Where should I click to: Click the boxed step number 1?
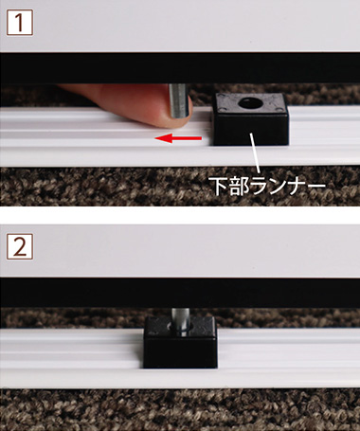20,22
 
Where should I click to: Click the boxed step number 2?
20,246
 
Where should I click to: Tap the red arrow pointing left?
178,138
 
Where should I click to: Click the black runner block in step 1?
251,119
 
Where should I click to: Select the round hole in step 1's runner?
250,102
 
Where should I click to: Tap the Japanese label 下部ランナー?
268,186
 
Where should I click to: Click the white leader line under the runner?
255,153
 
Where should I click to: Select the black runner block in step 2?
180,342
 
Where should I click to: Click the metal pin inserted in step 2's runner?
180,321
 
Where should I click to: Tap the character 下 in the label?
219,186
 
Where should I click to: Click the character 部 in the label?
241,186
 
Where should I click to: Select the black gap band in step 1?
180,68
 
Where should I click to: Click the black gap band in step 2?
180,293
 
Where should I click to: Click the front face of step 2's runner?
180,353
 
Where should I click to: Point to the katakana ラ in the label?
262,186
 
